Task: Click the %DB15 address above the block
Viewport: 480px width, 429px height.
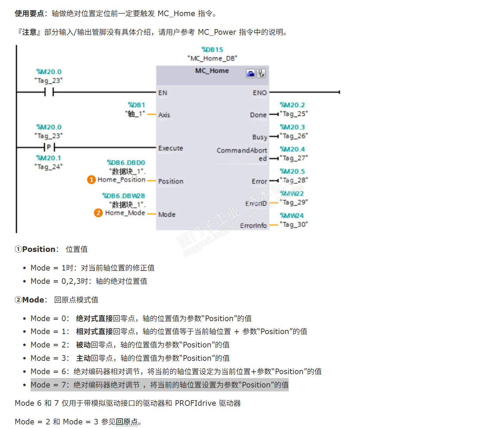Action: (212, 50)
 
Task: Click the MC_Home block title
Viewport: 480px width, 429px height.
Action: (212, 71)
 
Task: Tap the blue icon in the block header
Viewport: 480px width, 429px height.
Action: (250, 73)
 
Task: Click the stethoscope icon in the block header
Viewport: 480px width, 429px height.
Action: (261, 73)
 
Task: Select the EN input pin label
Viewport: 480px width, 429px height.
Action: (162, 93)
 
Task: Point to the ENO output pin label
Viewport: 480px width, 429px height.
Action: (260, 93)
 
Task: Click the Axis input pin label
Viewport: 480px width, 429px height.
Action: (164, 115)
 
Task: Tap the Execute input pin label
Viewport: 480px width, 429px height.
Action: (171, 148)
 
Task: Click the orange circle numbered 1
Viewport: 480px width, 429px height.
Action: (91, 180)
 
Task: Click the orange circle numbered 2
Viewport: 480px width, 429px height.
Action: (98, 213)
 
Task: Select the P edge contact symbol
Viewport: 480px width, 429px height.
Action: (49, 147)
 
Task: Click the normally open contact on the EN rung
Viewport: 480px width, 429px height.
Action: (49, 92)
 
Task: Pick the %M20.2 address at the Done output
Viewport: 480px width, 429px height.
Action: (292, 105)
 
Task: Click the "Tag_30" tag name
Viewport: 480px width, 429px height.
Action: (294, 224)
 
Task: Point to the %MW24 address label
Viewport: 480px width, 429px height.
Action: (292, 216)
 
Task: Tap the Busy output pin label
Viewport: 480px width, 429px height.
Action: (260, 137)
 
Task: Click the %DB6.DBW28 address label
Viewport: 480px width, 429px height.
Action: (123, 196)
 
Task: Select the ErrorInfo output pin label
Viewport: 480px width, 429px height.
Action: (253, 226)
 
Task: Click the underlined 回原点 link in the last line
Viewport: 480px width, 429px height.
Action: (127, 422)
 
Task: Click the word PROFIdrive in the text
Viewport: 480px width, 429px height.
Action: (196, 403)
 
